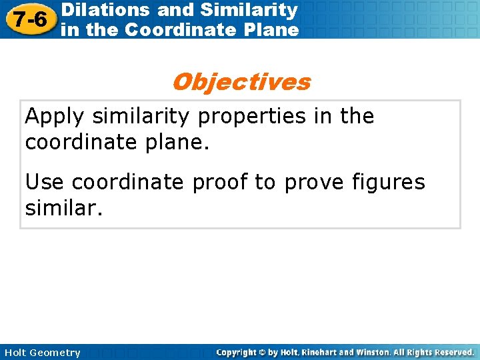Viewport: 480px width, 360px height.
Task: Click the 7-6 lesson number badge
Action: [x=28, y=20]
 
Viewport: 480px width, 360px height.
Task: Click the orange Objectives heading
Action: [x=241, y=82]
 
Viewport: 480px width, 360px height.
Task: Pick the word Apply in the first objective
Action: [x=55, y=116]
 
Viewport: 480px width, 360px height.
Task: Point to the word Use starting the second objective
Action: [x=44, y=181]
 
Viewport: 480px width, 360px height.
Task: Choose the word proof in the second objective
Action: [x=226, y=183]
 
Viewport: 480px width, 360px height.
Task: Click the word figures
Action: [x=387, y=183]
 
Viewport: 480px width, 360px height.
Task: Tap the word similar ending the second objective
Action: [x=63, y=209]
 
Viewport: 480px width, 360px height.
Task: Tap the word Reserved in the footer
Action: [x=453, y=352]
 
